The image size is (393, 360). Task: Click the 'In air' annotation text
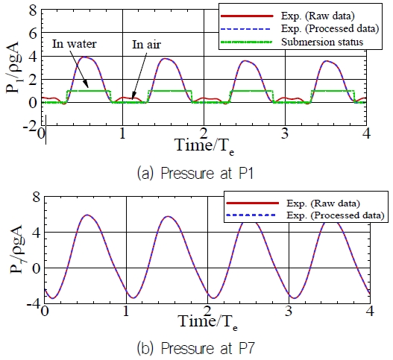pyautogui.click(x=146, y=44)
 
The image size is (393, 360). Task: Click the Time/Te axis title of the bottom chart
pyautogui.click(x=207, y=321)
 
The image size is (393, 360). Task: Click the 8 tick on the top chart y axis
pyautogui.click(x=33, y=11)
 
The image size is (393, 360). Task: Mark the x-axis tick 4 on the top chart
pyautogui.click(x=366, y=133)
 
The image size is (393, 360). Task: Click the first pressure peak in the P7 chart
pyautogui.click(x=88, y=215)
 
